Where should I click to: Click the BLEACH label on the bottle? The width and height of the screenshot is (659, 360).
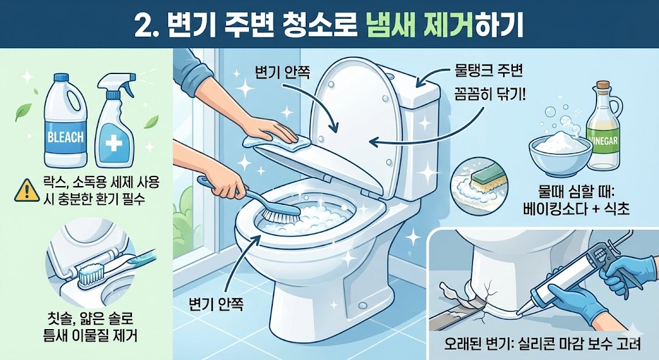(x=66, y=137)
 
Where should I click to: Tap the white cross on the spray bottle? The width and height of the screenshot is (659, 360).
(x=113, y=144)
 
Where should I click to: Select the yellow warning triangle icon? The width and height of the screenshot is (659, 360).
(x=27, y=190)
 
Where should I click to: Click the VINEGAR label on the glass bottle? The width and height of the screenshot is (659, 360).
(x=604, y=140)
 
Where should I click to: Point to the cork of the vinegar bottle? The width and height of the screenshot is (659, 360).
(x=602, y=84)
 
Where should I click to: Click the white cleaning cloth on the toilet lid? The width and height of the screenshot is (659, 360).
(x=277, y=142)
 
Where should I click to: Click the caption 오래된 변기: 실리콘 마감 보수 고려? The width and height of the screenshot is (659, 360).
(x=543, y=345)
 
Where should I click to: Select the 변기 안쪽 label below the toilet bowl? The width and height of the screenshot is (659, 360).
(x=216, y=303)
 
